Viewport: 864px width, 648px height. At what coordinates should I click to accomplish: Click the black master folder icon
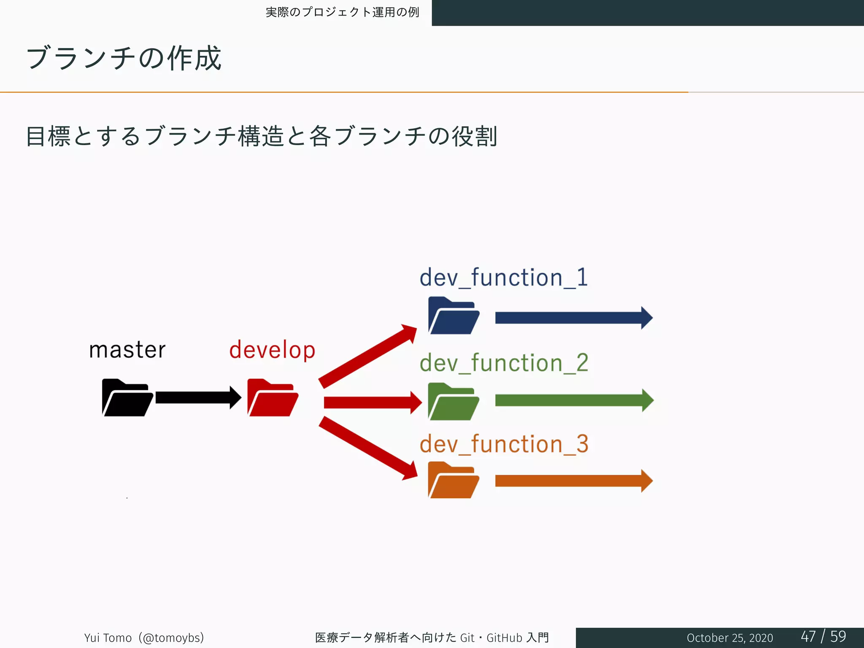point(127,398)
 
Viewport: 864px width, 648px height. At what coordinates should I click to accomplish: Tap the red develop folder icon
point(272,398)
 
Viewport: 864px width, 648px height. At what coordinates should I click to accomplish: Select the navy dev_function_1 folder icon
point(453,316)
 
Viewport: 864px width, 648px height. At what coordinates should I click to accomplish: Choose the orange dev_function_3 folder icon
point(453,481)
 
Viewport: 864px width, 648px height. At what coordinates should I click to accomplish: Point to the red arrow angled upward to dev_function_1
point(367,356)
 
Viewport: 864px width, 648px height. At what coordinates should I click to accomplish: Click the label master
point(127,350)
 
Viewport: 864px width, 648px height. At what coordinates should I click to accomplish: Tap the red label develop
point(272,350)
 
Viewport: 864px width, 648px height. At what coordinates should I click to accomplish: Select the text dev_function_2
point(504,363)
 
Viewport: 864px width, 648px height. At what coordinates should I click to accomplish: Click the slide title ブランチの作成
point(124,58)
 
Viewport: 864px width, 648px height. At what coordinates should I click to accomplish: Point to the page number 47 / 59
point(823,637)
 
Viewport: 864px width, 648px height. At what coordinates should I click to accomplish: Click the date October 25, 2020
point(729,638)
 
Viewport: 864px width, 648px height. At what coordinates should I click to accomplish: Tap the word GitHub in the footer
point(504,638)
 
